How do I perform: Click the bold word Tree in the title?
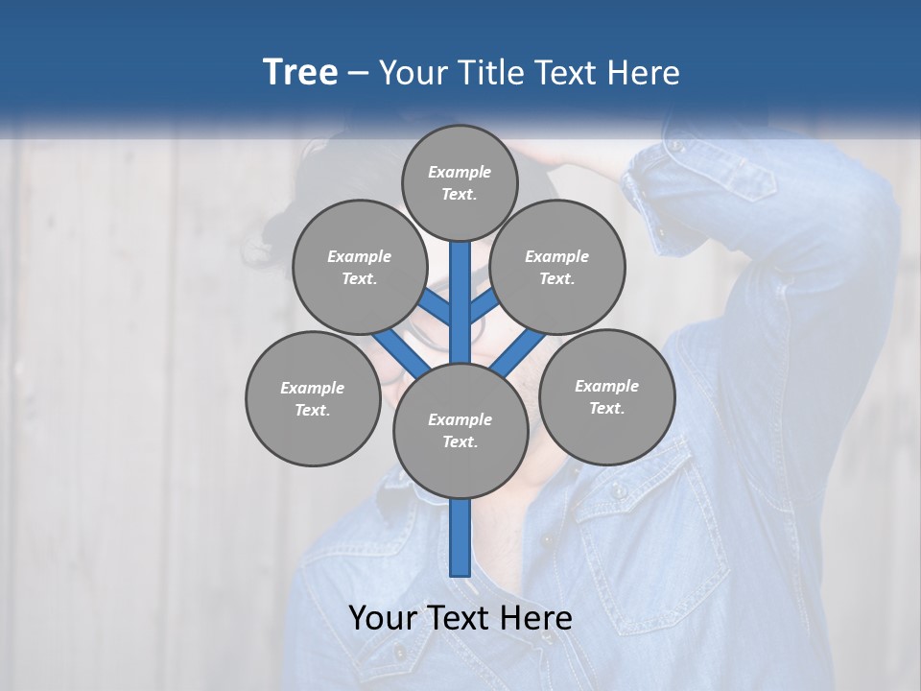(300, 72)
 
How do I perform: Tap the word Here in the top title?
(642, 72)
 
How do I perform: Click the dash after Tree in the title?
(358, 73)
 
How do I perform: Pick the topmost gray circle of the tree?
(460, 182)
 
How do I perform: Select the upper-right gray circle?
(557, 268)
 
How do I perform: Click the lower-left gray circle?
(313, 399)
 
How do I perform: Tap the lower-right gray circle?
(606, 397)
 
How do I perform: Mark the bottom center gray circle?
(460, 431)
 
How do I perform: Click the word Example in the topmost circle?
(460, 172)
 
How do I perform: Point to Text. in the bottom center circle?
(460, 442)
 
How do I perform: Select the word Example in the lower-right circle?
(606, 386)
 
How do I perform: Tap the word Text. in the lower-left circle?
(313, 411)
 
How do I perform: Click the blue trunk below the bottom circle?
(460, 537)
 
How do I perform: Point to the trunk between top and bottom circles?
(460, 302)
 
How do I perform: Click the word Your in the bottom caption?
(382, 618)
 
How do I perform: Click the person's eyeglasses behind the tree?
(422, 331)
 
